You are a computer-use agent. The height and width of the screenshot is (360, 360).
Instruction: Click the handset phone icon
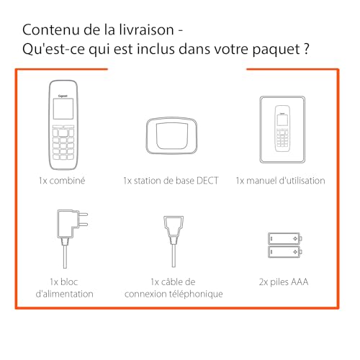[63, 123]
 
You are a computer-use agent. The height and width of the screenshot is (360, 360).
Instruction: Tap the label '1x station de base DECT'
[172, 181]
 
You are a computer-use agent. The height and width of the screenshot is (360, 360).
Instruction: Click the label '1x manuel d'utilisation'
[280, 181]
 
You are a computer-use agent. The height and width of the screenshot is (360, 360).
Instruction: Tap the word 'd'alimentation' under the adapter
[64, 294]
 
